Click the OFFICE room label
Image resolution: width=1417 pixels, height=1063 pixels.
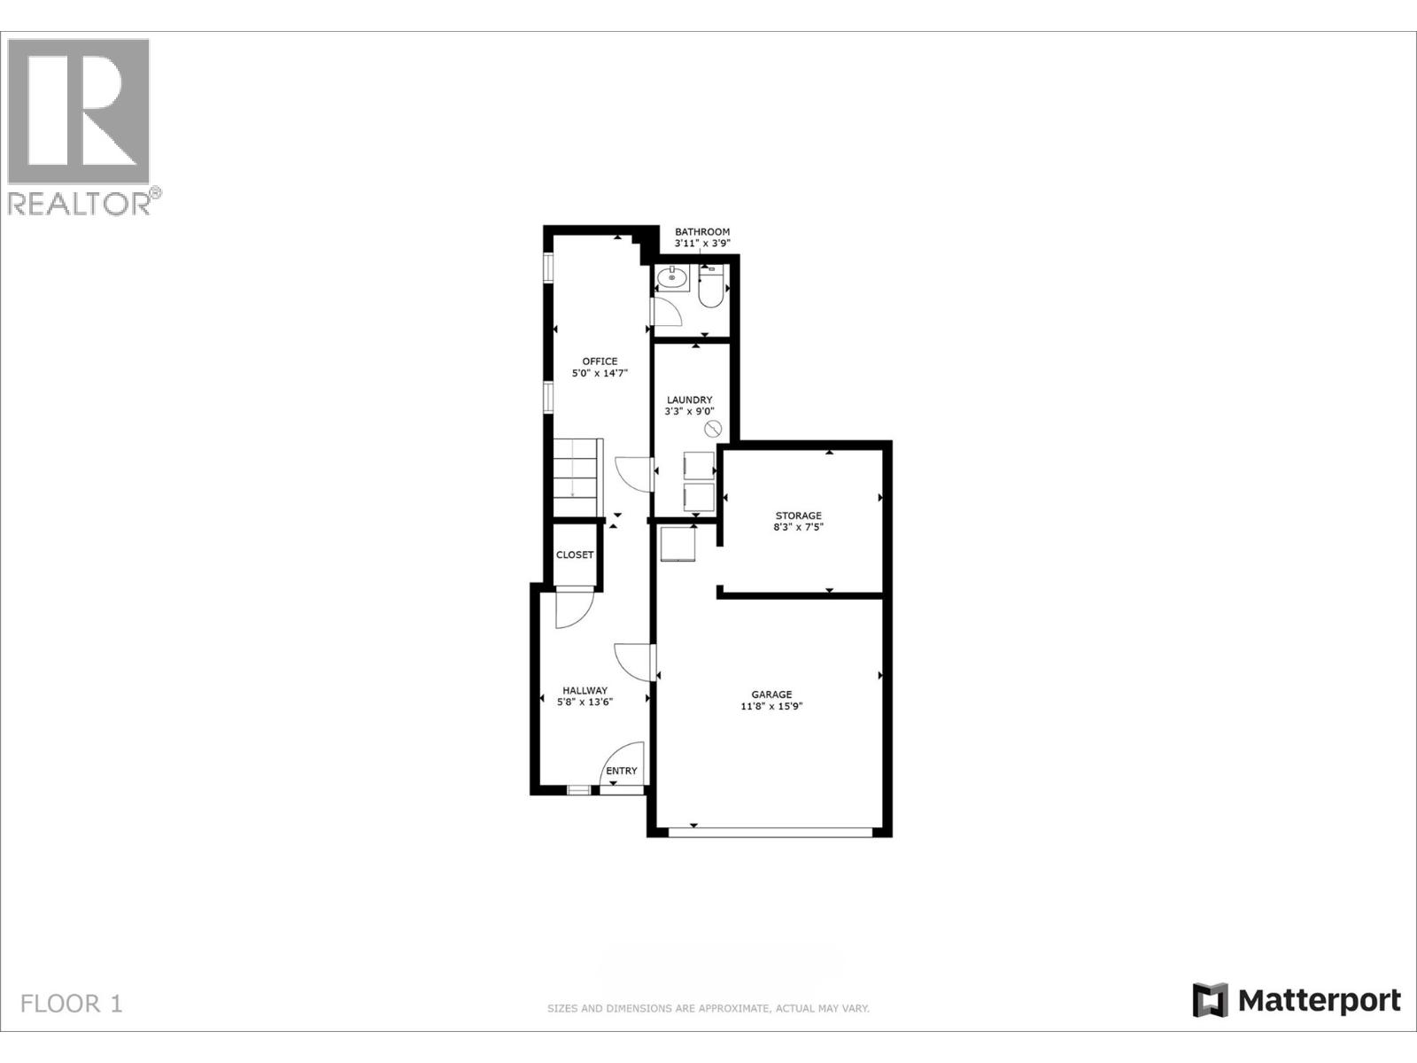600,361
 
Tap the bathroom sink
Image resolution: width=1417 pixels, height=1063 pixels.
673,279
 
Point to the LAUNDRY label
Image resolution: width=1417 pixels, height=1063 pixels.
689,400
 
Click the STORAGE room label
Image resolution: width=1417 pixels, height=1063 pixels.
798,516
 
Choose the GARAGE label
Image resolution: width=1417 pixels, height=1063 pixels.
771,694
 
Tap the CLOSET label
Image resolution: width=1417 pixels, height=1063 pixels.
575,555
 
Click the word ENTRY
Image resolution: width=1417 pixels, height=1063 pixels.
621,771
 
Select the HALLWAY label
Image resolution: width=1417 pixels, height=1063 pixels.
585,690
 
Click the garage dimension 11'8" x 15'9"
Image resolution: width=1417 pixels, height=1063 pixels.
771,707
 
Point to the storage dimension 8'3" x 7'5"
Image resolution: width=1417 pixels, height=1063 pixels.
798,528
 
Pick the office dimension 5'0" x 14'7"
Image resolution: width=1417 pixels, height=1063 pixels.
600,374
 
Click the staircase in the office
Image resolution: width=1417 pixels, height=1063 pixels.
577,477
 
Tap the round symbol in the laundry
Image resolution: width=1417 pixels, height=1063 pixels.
713,430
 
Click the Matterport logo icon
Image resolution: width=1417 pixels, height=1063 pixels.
1210,1000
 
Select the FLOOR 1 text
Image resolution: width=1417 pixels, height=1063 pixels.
72,1004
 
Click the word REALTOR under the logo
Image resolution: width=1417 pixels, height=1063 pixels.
80,204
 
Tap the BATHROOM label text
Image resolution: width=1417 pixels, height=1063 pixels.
702,232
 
